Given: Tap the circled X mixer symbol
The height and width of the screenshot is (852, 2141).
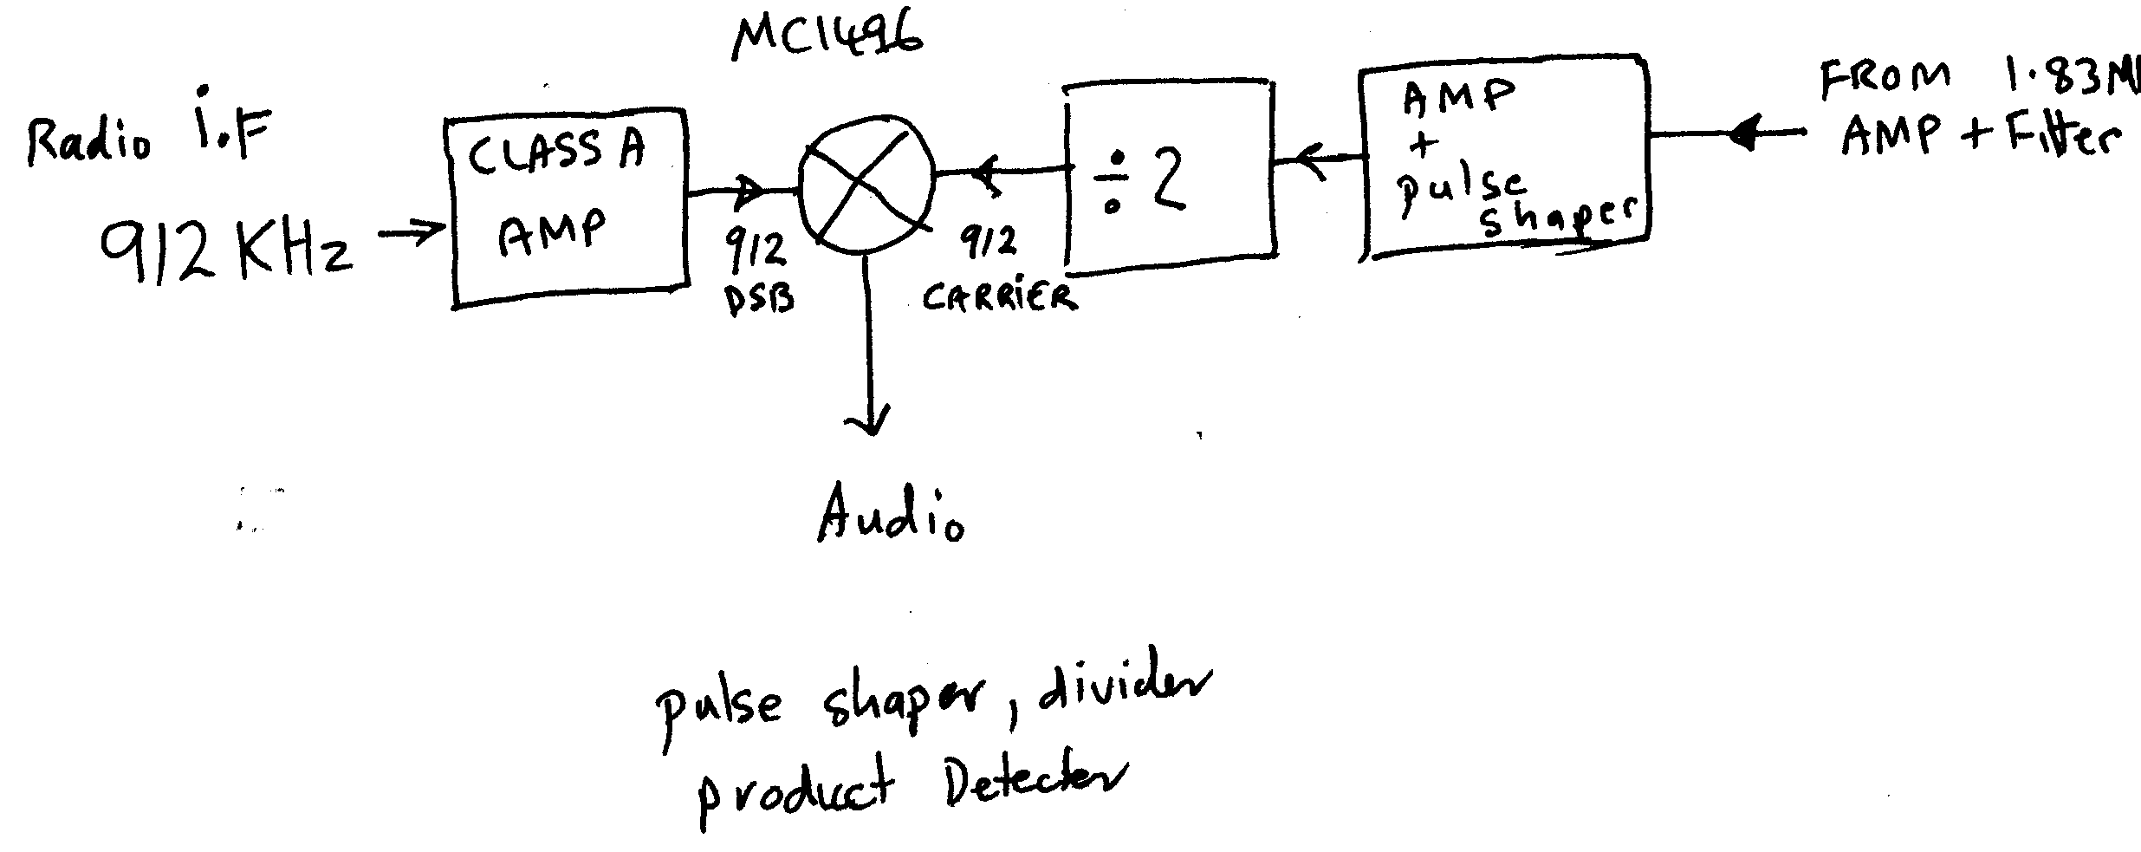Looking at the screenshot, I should pyautogui.click(x=864, y=182).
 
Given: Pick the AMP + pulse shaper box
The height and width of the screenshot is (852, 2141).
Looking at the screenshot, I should pyautogui.click(x=1504, y=156).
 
